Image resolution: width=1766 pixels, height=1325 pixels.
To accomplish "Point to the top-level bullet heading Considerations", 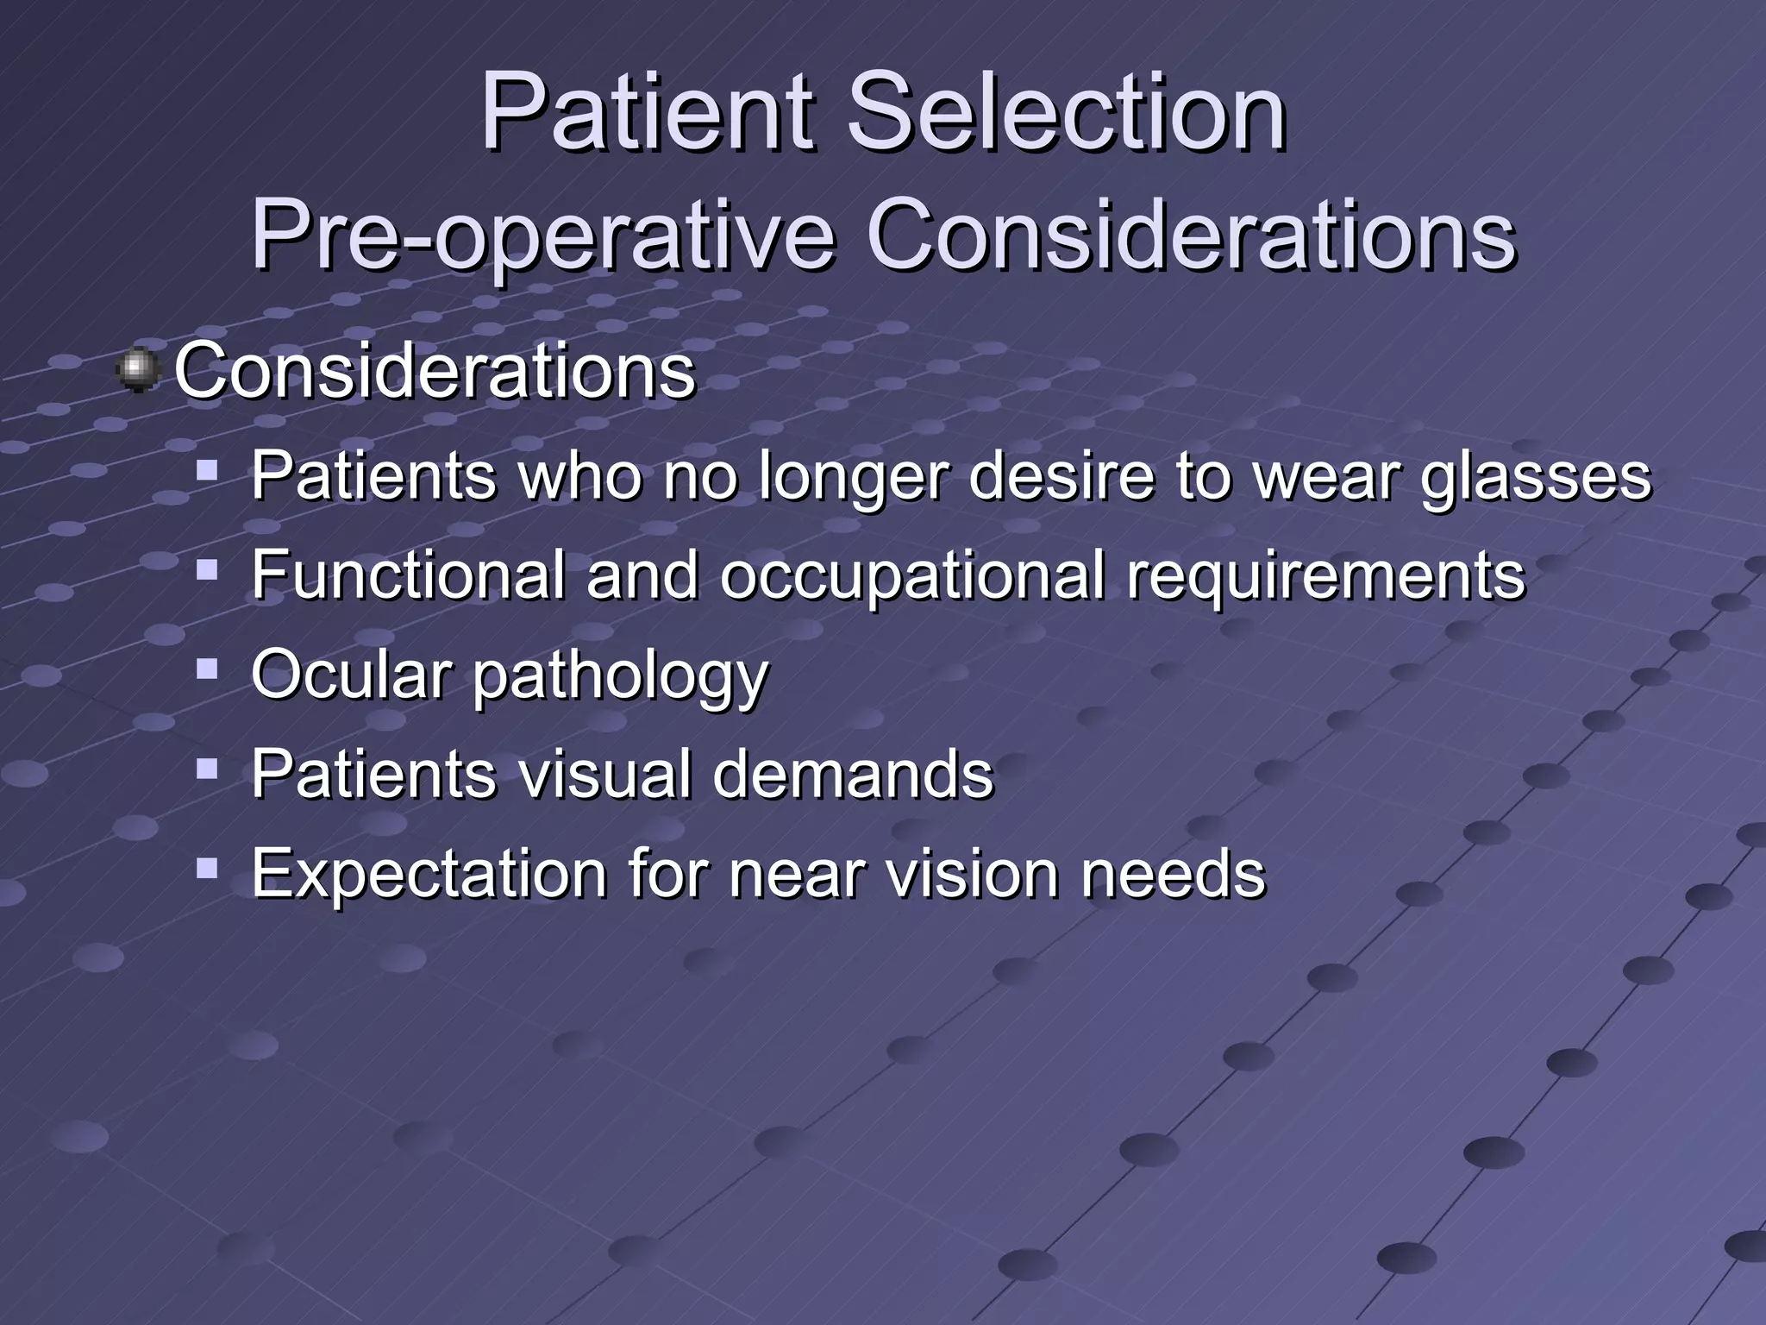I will [435, 371].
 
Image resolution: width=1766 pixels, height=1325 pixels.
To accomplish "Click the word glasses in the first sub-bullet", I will [1535, 477].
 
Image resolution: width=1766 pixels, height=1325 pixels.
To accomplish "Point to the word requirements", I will [1326, 576].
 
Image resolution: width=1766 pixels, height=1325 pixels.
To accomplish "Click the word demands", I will [853, 774].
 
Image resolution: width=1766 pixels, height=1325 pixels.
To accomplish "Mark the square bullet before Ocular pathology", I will [207, 669].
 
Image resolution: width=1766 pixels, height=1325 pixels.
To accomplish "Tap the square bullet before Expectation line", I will [207, 867].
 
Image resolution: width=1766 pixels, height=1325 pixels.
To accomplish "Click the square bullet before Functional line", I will [207, 568].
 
